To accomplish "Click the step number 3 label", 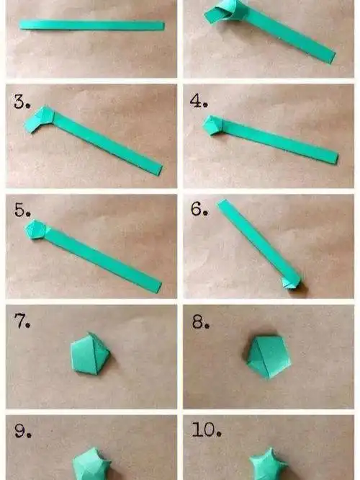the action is pyautogui.click(x=22, y=102).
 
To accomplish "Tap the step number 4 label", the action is pyautogui.click(x=199, y=101).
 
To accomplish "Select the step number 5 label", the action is pyautogui.click(x=22, y=210).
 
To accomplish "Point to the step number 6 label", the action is pyautogui.click(x=199, y=209).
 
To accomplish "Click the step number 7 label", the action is pyautogui.click(x=22, y=321).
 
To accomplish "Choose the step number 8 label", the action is pyautogui.click(x=201, y=322).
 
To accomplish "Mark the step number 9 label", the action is pyautogui.click(x=23, y=430).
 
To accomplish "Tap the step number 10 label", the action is pyautogui.click(x=206, y=430).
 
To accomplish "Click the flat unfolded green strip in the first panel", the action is pyautogui.click(x=91, y=25).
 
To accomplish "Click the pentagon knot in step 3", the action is pyautogui.click(x=40, y=119).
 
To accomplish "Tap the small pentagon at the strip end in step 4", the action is pyautogui.click(x=213, y=125).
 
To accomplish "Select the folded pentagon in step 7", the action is pyautogui.click(x=90, y=354).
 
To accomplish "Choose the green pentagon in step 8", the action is pyautogui.click(x=269, y=357).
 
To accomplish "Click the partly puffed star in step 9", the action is pyautogui.click(x=91, y=463).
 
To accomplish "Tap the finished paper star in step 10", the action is pyautogui.click(x=268, y=464).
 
